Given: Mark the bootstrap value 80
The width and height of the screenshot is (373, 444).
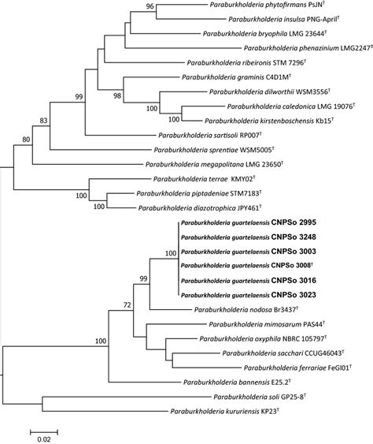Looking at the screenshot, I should (x=27, y=140).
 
